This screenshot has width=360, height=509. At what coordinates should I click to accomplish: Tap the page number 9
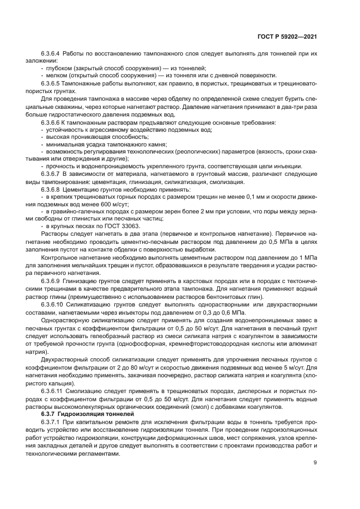315,463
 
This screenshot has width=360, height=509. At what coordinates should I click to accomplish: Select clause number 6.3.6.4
51,55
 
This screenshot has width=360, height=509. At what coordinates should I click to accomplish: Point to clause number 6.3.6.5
51,83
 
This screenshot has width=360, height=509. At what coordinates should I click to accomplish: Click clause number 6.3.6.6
51,124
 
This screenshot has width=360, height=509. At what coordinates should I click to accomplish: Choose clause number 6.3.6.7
51,173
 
